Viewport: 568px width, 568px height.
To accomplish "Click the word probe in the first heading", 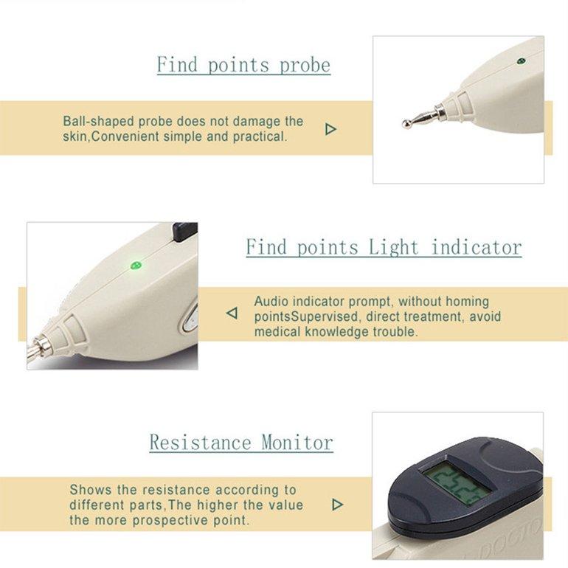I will pyautogui.click(x=305, y=65).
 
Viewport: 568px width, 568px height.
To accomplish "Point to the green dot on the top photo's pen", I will pyautogui.click(x=521, y=61).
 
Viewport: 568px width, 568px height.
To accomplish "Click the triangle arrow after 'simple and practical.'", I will pyautogui.click(x=330, y=129).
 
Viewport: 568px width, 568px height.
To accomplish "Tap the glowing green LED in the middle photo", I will pyautogui.click(x=134, y=265).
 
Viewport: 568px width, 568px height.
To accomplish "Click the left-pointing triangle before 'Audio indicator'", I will pyautogui.click(x=232, y=314).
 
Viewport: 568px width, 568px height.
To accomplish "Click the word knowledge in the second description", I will pyautogui.click(x=333, y=332).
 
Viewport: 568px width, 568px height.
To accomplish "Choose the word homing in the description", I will pyautogui.click(x=465, y=302).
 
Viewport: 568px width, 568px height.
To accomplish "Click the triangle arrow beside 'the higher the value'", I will pyautogui.click(x=337, y=505).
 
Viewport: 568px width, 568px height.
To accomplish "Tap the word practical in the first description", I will pyautogui.click(x=258, y=137).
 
